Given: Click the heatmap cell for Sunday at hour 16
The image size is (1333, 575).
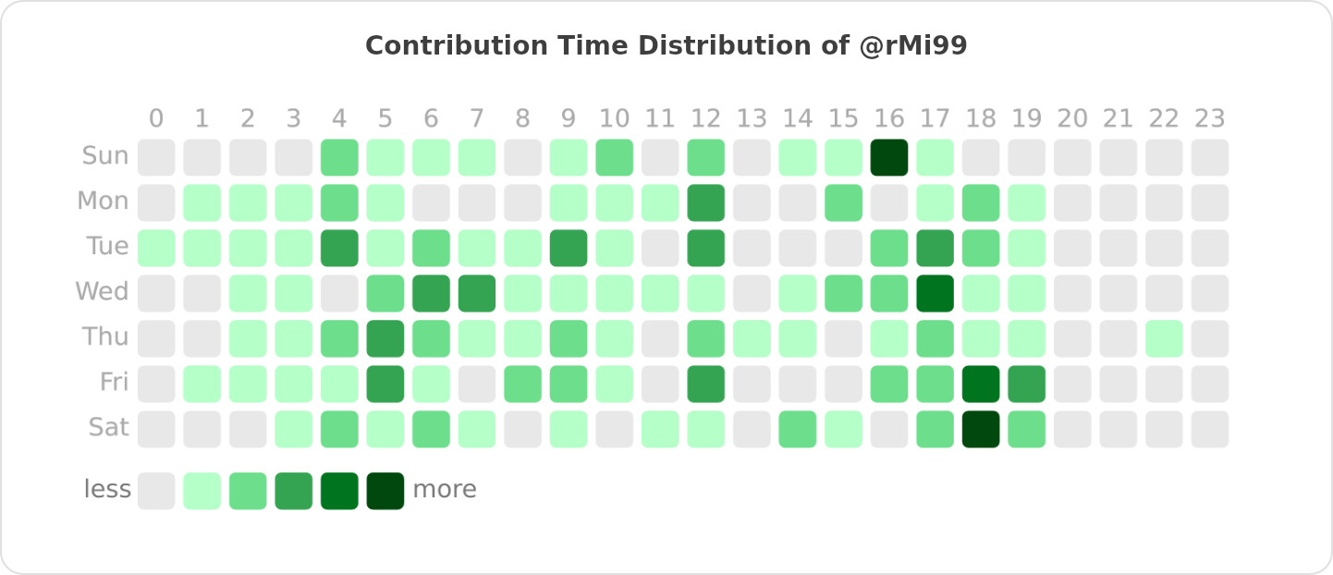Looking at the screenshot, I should point(889,157).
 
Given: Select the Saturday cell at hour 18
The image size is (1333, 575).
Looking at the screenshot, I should point(981,429).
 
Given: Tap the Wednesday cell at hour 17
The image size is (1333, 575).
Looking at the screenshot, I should point(936,293).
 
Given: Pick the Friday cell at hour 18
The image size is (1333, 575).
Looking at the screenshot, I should point(981,384).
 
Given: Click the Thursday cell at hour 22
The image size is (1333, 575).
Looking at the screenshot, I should point(1164,338).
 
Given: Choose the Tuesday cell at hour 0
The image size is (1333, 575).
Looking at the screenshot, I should point(156,248).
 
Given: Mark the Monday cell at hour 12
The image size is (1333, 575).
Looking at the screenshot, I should point(706,202).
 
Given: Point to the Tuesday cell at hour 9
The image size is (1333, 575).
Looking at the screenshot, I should point(569,248).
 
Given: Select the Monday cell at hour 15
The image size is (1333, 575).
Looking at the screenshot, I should point(843,202).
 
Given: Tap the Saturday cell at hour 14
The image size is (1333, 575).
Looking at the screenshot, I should point(798,429).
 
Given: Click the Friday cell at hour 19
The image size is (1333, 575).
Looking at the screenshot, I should point(1027,384).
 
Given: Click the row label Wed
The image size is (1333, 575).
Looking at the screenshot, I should point(102,292).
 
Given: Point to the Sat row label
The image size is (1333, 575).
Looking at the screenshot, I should point(108,428).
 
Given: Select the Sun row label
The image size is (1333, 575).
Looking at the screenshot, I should point(105,156).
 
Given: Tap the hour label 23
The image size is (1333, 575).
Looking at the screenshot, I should point(1210,119).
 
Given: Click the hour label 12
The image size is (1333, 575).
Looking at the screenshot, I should point(706,119).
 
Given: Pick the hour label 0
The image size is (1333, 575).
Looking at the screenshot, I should point(156,119).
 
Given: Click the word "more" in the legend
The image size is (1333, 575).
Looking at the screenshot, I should point(445,490).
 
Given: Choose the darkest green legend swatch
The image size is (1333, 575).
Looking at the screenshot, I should point(385,491).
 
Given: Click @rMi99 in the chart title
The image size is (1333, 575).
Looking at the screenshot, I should point(912,46).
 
